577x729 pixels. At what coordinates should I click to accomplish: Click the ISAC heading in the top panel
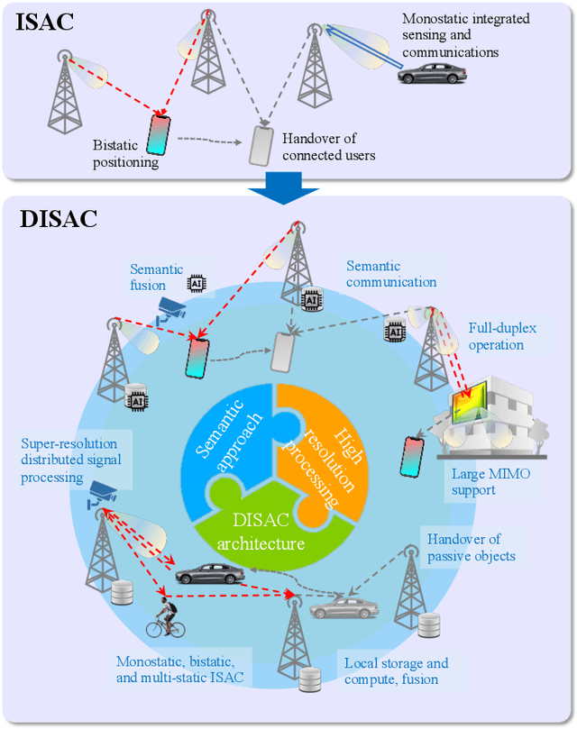pos(45,23)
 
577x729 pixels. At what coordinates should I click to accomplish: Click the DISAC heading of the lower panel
pos(59,218)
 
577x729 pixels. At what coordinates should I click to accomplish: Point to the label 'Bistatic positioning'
pos(125,153)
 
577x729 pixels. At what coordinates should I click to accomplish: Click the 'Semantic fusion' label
pos(156,277)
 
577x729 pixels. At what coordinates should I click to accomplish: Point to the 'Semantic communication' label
pos(391,274)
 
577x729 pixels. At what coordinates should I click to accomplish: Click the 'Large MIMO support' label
pos(486,482)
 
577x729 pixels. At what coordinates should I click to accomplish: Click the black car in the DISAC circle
pos(210,573)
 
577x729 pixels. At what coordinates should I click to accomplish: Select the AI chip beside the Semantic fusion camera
pos(193,283)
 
